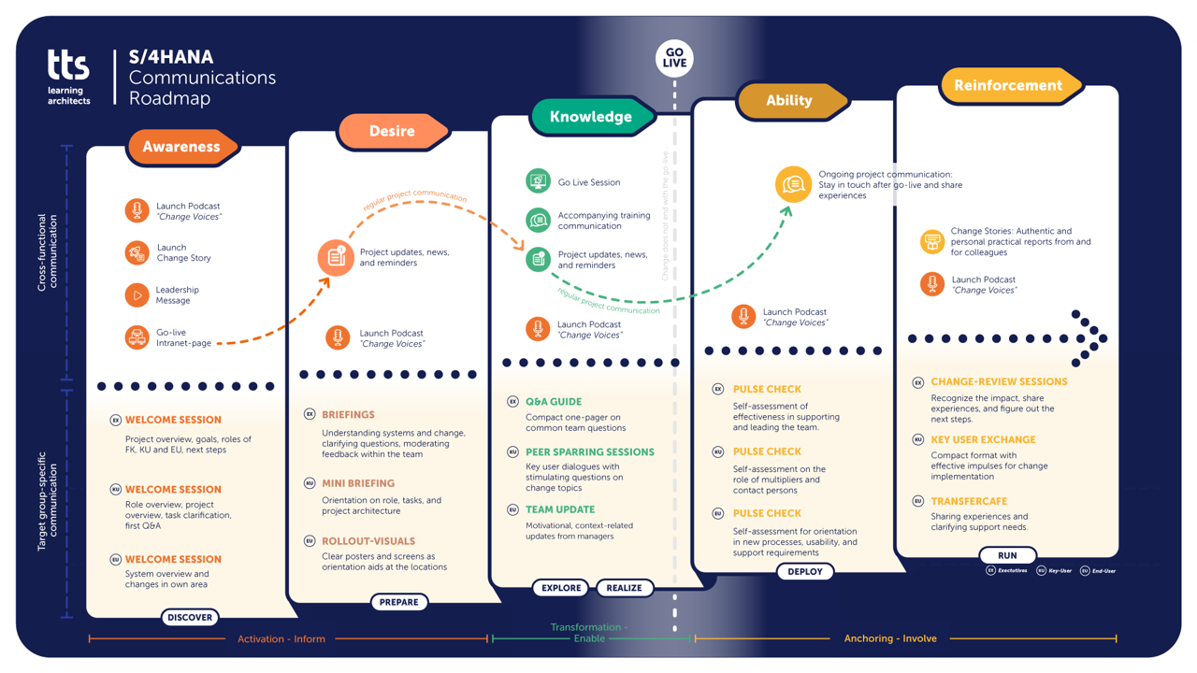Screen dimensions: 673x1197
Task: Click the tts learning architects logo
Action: [x=69, y=77]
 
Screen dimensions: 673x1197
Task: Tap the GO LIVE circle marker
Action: [x=674, y=57]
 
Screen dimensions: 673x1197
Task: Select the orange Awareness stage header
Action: [x=182, y=147]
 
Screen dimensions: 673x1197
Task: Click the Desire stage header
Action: [x=391, y=132]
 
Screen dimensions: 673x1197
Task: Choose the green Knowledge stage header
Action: [x=591, y=117]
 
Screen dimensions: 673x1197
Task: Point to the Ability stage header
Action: [x=789, y=101]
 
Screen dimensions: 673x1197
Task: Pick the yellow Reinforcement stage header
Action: [x=1008, y=85]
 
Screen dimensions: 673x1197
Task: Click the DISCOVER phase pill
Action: [x=190, y=617]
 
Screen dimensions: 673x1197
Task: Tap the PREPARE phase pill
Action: [x=398, y=602]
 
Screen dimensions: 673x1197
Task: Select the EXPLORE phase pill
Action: [x=561, y=588]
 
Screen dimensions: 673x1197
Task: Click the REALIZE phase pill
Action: [x=624, y=588]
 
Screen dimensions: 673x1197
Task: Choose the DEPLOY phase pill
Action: [x=805, y=572]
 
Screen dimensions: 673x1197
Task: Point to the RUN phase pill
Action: [x=1007, y=555]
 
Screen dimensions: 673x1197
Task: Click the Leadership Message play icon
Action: [x=137, y=295]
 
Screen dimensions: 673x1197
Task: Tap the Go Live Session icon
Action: [x=538, y=182]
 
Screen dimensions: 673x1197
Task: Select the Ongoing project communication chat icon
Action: [x=793, y=184]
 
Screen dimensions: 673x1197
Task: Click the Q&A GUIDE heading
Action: [x=554, y=402]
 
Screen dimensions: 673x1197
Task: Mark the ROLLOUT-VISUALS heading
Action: [x=368, y=540]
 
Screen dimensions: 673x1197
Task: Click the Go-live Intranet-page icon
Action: [x=137, y=337]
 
